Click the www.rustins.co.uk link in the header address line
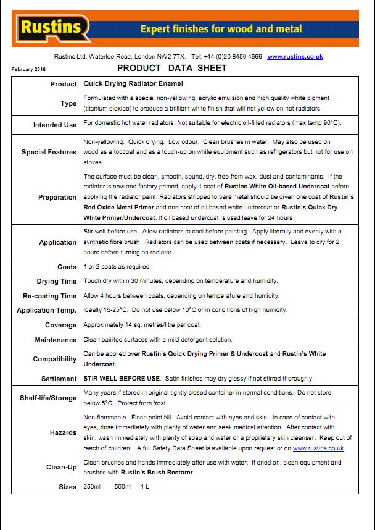pyautogui.click(x=295, y=56)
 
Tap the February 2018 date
pyautogui.click(x=28, y=69)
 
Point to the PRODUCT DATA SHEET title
pyautogui.click(x=171, y=68)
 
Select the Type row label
pyautogui.click(x=68, y=104)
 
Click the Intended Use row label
pyautogui.click(x=55, y=125)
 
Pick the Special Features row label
pyautogui.click(x=49, y=152)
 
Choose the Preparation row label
pyautogui.click(x=57, y=198)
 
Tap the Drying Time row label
pyautogui.click(x=57, y=282)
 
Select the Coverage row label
pyautogui.click(x=60, y=325)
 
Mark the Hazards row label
pyautogui.click(x=63, y=432)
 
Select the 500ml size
pyautogui.click(x=123, y=487)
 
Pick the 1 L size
pyautogui.click(x=145, y=487)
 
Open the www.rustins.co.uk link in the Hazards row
pyautogui.click(x=318, y=448)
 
